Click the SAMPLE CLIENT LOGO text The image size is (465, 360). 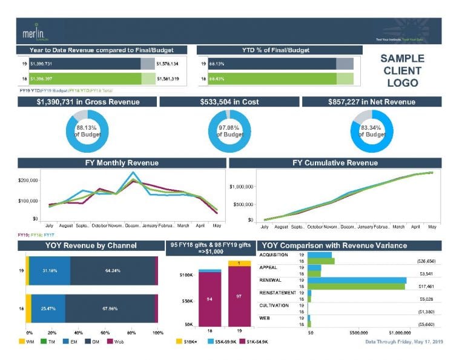point(402,70)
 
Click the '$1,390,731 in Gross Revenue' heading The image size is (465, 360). point(88,102)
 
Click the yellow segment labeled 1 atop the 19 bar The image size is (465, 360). point(239,263)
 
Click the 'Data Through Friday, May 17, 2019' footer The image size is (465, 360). point(404,342)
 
